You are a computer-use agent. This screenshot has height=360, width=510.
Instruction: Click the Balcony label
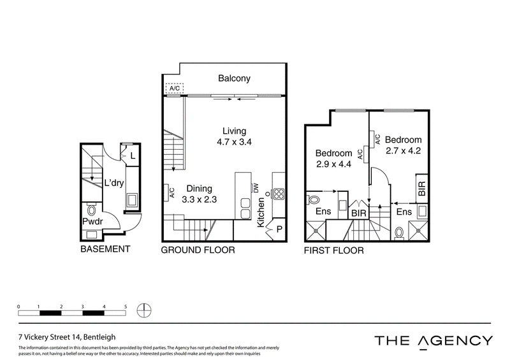tap(234, 78)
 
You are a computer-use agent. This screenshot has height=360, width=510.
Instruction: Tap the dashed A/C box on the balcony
tap(175, 88)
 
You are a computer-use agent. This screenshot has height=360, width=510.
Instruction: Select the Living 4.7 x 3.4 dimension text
tap(234, 142)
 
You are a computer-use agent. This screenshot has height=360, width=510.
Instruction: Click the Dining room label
tap(199, 189)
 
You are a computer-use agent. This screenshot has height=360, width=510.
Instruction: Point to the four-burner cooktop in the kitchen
tap(279, 194)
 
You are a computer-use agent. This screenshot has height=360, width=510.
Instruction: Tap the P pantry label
tap(279, 229)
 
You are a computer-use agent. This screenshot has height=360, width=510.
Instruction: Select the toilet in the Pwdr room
tap(91, 209)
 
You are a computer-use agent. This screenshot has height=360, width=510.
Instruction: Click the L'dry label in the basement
tap(114, 183)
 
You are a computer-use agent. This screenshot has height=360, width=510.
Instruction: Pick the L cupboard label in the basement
tap(133, 156)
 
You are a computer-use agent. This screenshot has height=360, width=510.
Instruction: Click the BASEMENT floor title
tap(105, 249)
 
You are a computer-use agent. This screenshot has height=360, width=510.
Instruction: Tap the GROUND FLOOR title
tap(198, 250)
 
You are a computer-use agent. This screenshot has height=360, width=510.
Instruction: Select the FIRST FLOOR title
tap(333, 250)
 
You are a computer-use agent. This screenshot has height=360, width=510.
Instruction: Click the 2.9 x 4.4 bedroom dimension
tap(333, 164)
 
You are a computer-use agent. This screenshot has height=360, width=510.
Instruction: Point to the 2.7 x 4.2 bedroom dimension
tap(404, 151)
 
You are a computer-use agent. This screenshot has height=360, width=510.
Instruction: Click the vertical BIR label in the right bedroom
tap(422, 189)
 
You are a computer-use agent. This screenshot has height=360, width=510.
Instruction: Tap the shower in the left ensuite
tap(316, 231)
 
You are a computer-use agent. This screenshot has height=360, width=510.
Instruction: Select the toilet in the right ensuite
tap(399, 233)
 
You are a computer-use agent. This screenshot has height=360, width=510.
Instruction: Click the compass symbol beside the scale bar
tap(144, 310)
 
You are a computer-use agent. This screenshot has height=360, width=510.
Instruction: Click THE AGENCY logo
tap(433, 342)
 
